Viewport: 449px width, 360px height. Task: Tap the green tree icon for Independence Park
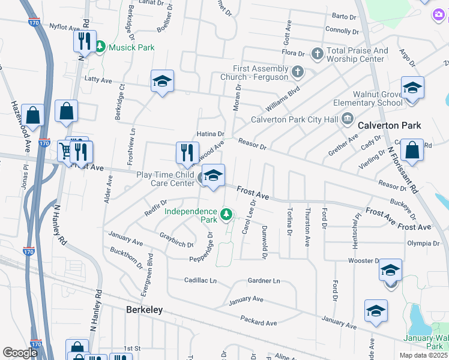(x=226, y=214)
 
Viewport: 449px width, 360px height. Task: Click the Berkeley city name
(x=144, y=310)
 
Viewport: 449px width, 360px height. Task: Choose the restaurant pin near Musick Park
(x=83, y=41)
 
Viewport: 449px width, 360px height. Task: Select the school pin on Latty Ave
(x=162, y=82)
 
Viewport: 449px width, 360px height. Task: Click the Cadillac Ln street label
(x=200, y=280)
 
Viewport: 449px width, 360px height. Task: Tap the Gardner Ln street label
(x=264, y=281)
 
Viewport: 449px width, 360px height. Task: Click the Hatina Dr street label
(x=211, y=134)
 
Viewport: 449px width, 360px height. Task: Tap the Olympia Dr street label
(x=423, y=243)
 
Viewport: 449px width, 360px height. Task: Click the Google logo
(x=20, y=353)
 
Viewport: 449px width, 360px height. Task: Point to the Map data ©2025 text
(x=423, y=355)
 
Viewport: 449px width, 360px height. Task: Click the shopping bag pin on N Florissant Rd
(x=413, y=152)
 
